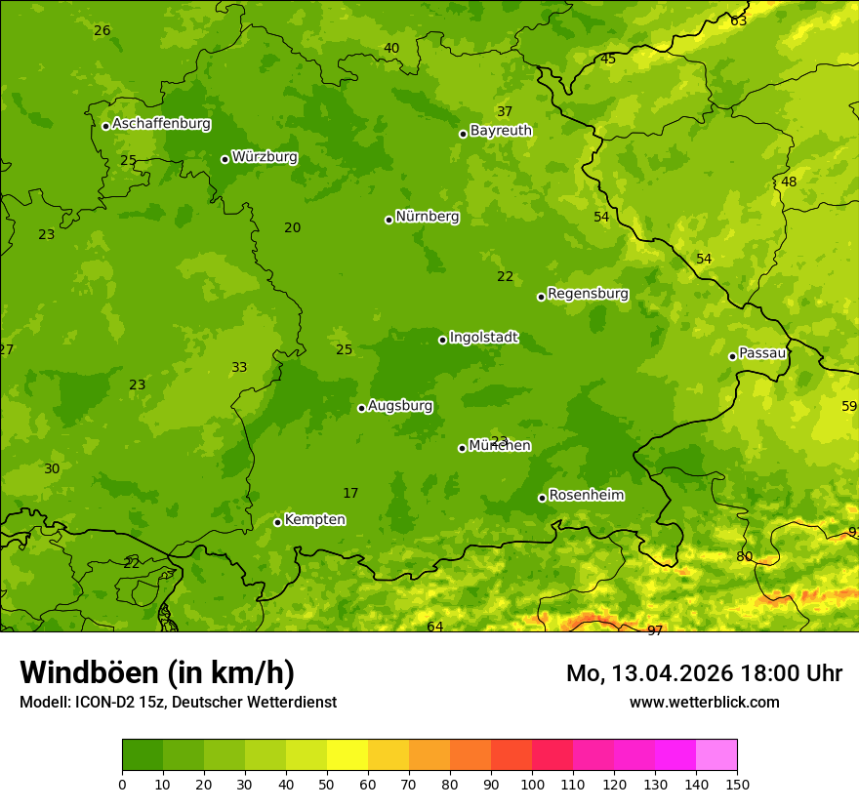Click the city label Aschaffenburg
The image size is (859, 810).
tap(161, 124)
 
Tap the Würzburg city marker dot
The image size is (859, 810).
tap(225, 159)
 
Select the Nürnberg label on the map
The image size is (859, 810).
tap(428, 217)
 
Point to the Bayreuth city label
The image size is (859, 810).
tap(501, 131)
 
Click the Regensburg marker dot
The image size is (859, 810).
tap(541, 297)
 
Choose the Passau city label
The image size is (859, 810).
tap(762, 353)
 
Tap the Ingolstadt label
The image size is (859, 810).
tap(483, 338)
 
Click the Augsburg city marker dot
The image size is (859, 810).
tap(361, 408)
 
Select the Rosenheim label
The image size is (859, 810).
tap(586, 496)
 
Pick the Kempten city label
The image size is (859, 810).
tap(314, 520)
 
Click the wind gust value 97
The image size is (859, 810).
tap(655, 630)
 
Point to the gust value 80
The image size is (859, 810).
tap(745, 556)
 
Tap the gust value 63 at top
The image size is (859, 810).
tap(739, 20)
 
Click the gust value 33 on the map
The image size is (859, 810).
tap(239, 367)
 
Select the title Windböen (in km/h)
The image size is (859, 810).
tap(157, 672)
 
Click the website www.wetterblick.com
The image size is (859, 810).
tap(704, 702)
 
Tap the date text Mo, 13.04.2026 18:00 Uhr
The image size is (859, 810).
tap(704, 673)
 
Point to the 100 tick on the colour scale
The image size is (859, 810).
tap(532, 784)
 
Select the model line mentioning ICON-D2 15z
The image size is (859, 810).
tap(178, 702)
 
